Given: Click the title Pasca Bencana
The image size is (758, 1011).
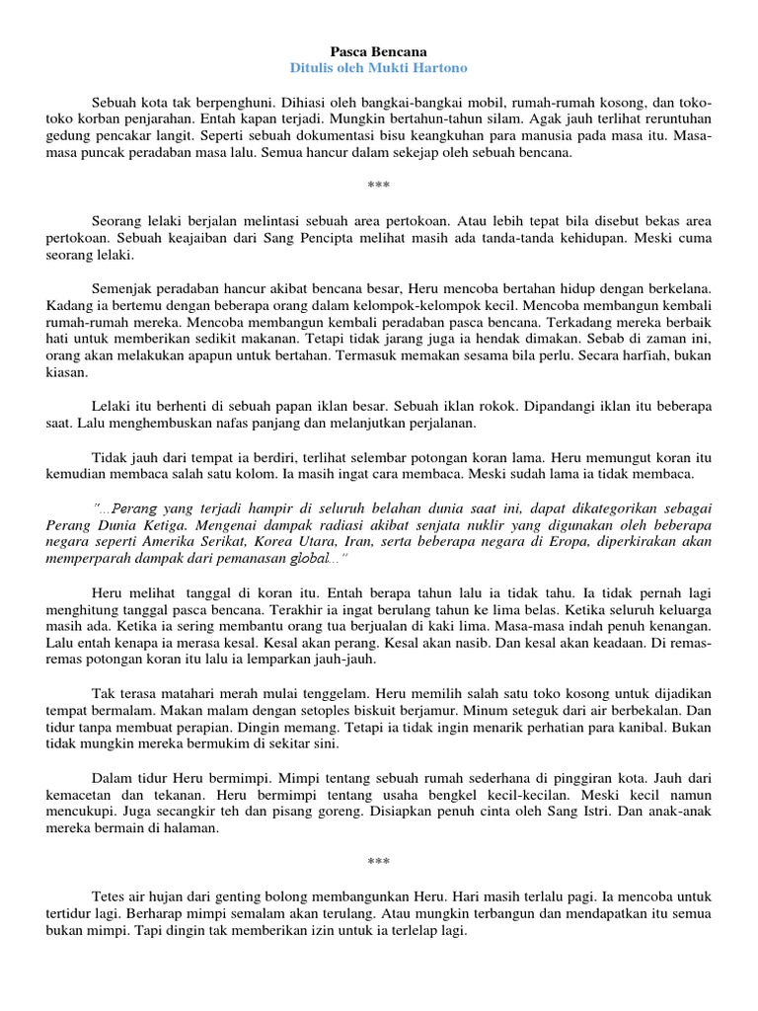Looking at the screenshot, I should click(378, 49).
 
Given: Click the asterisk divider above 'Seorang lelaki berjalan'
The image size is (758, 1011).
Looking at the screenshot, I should click(378, 186).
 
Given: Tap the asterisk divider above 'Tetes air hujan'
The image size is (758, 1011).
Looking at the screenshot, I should click(378, 862).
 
